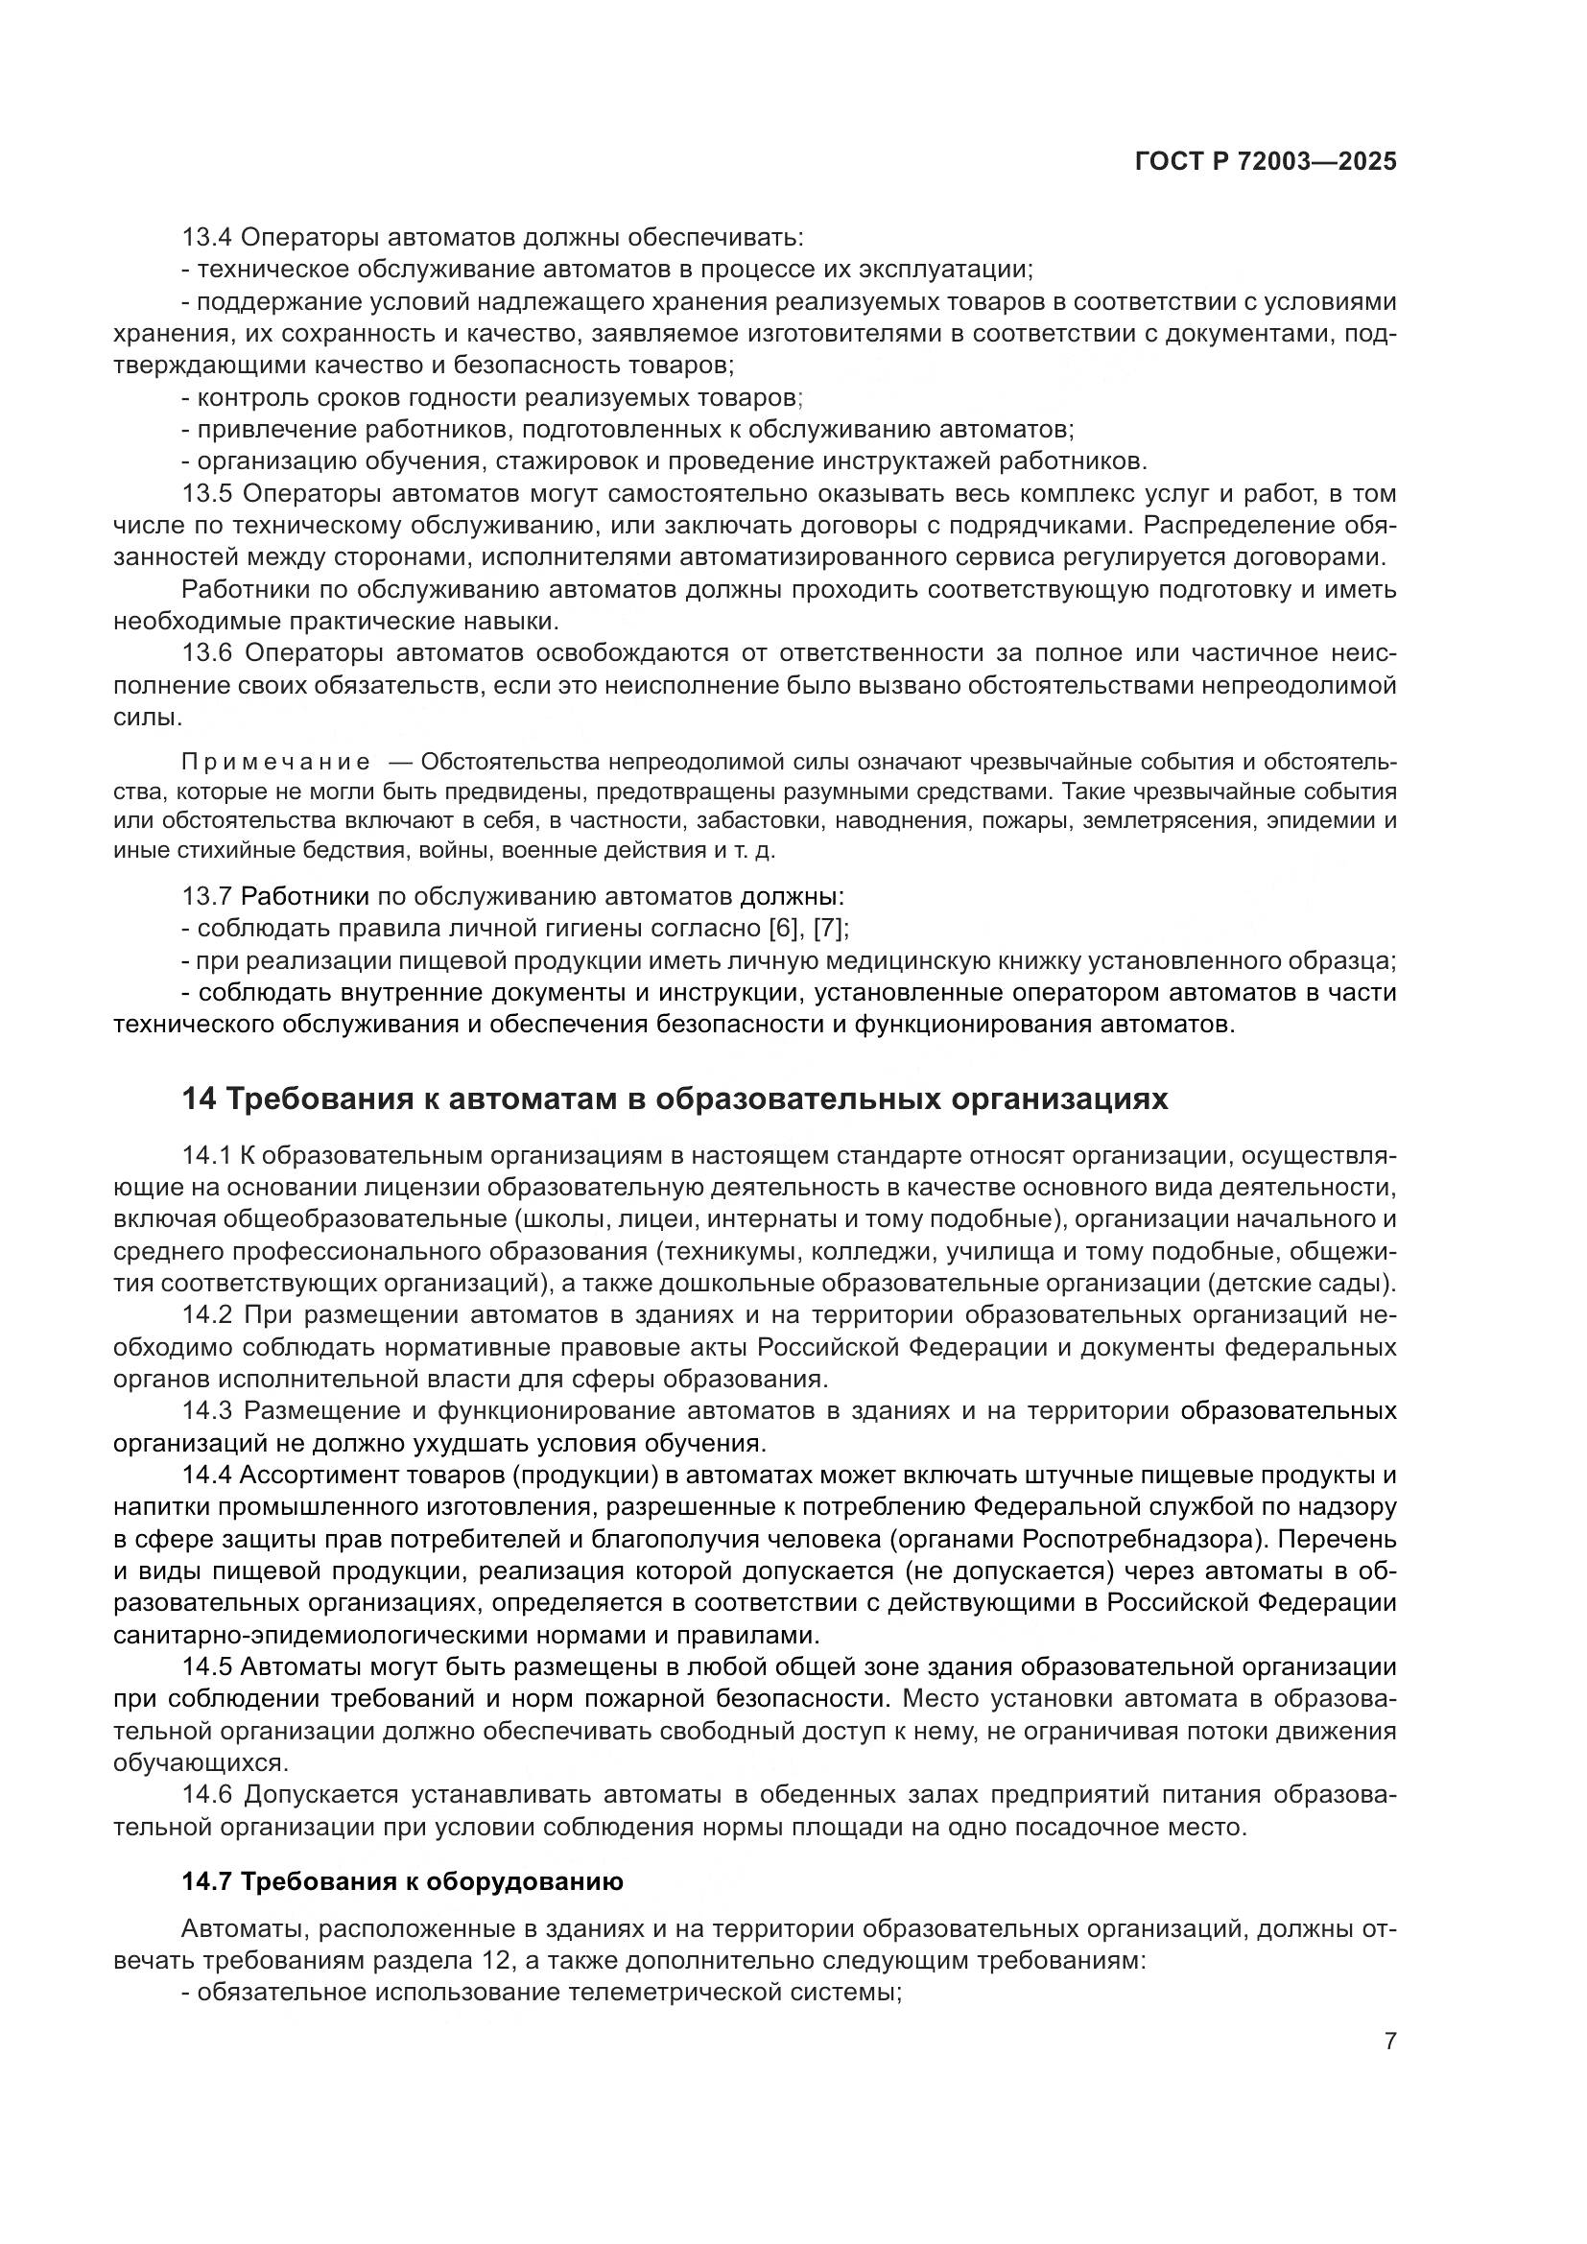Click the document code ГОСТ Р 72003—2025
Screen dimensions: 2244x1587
[x=1266, y=162]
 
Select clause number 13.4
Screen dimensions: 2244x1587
[x=206, y=237]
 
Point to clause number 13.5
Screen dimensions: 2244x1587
[x=206, y=493]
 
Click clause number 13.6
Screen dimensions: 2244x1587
[x=206, y=653]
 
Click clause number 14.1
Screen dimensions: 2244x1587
[x=206, y=1156]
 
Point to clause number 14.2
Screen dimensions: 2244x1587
[x=206, y=1315]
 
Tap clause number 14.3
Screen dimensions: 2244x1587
[x=206, y=1411]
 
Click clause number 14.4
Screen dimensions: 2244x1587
[x=206, y=1475]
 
